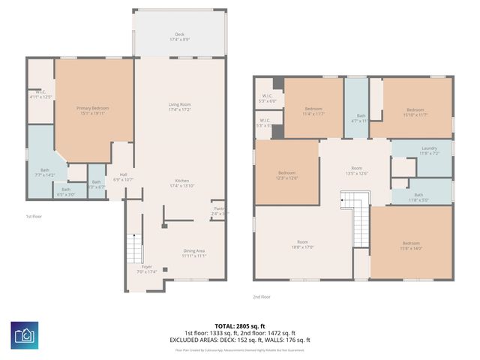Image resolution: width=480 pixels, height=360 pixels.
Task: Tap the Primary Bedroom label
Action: pyautogui.click(x=93, y=111)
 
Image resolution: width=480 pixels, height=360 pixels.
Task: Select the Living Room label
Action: pyautogui.click(x=179, y=107)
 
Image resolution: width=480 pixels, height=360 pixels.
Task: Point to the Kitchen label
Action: pyautogui.click(x=181, y=183)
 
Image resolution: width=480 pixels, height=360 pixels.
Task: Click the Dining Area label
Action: pyautogui.click(x=193, y=253)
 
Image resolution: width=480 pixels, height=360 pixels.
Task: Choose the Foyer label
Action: pyautogui.click(x=146, y=268)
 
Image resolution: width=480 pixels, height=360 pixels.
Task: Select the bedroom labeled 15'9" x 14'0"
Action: pyautogui.click(x=410, y=245)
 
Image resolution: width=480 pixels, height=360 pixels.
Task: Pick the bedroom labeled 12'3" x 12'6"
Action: pyautogui.click(x=286, y=175)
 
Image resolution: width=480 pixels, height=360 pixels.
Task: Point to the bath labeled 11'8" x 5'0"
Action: pyautogui.click(x=418, y=196)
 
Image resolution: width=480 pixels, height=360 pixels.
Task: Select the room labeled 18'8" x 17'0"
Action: pyautogui.click(x=302, y=244)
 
